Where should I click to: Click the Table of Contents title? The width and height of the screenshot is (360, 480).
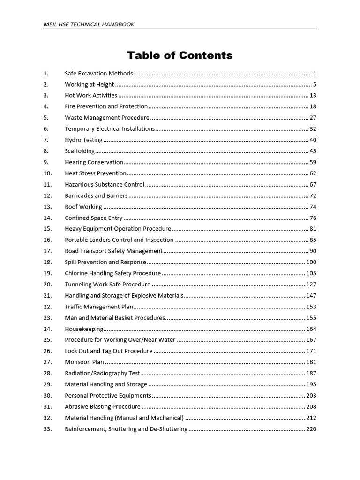pos(180,55)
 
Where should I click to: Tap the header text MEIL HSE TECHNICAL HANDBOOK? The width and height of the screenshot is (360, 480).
pos(89,24)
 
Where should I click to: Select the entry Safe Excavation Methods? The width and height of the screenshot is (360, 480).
pos(99,73)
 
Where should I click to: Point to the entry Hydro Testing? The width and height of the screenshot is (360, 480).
pos(83,140)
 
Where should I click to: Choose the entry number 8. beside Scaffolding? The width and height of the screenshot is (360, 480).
pos(45,151)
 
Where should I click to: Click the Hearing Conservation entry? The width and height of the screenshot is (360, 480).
pos(94,162)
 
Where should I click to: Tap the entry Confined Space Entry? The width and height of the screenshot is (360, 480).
pos(94,217)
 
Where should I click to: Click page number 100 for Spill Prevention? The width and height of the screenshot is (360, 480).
pos(311,262)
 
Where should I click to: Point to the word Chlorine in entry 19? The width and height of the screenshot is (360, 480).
pos(76,273)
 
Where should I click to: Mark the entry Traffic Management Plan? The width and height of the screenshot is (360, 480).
pos(99,307)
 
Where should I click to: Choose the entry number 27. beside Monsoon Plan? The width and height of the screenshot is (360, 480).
pos(47,362)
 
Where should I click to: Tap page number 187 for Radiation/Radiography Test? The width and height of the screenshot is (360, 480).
pos(311,373)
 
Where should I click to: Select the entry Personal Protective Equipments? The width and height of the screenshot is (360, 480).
pos(108,395)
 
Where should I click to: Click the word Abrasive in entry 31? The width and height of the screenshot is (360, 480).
pos(76,406)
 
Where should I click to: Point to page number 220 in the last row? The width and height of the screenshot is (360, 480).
pos(311,428)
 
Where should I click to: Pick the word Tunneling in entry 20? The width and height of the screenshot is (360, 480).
pos(78,284)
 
